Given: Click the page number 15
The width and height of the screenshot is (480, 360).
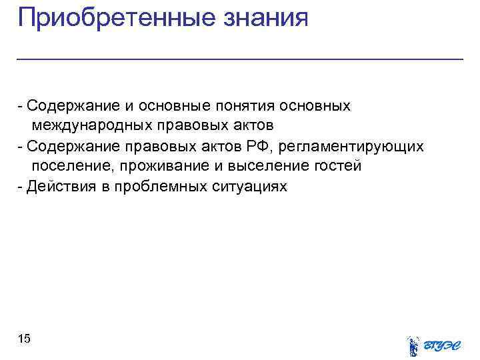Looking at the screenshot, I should click(x=24, y=339).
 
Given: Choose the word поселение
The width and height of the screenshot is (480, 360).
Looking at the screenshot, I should click(x=67, y=165).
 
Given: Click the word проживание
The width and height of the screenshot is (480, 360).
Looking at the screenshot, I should click(x=157, y=165).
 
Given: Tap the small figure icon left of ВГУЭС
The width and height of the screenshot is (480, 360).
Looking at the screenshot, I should click(x=413, y=345).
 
